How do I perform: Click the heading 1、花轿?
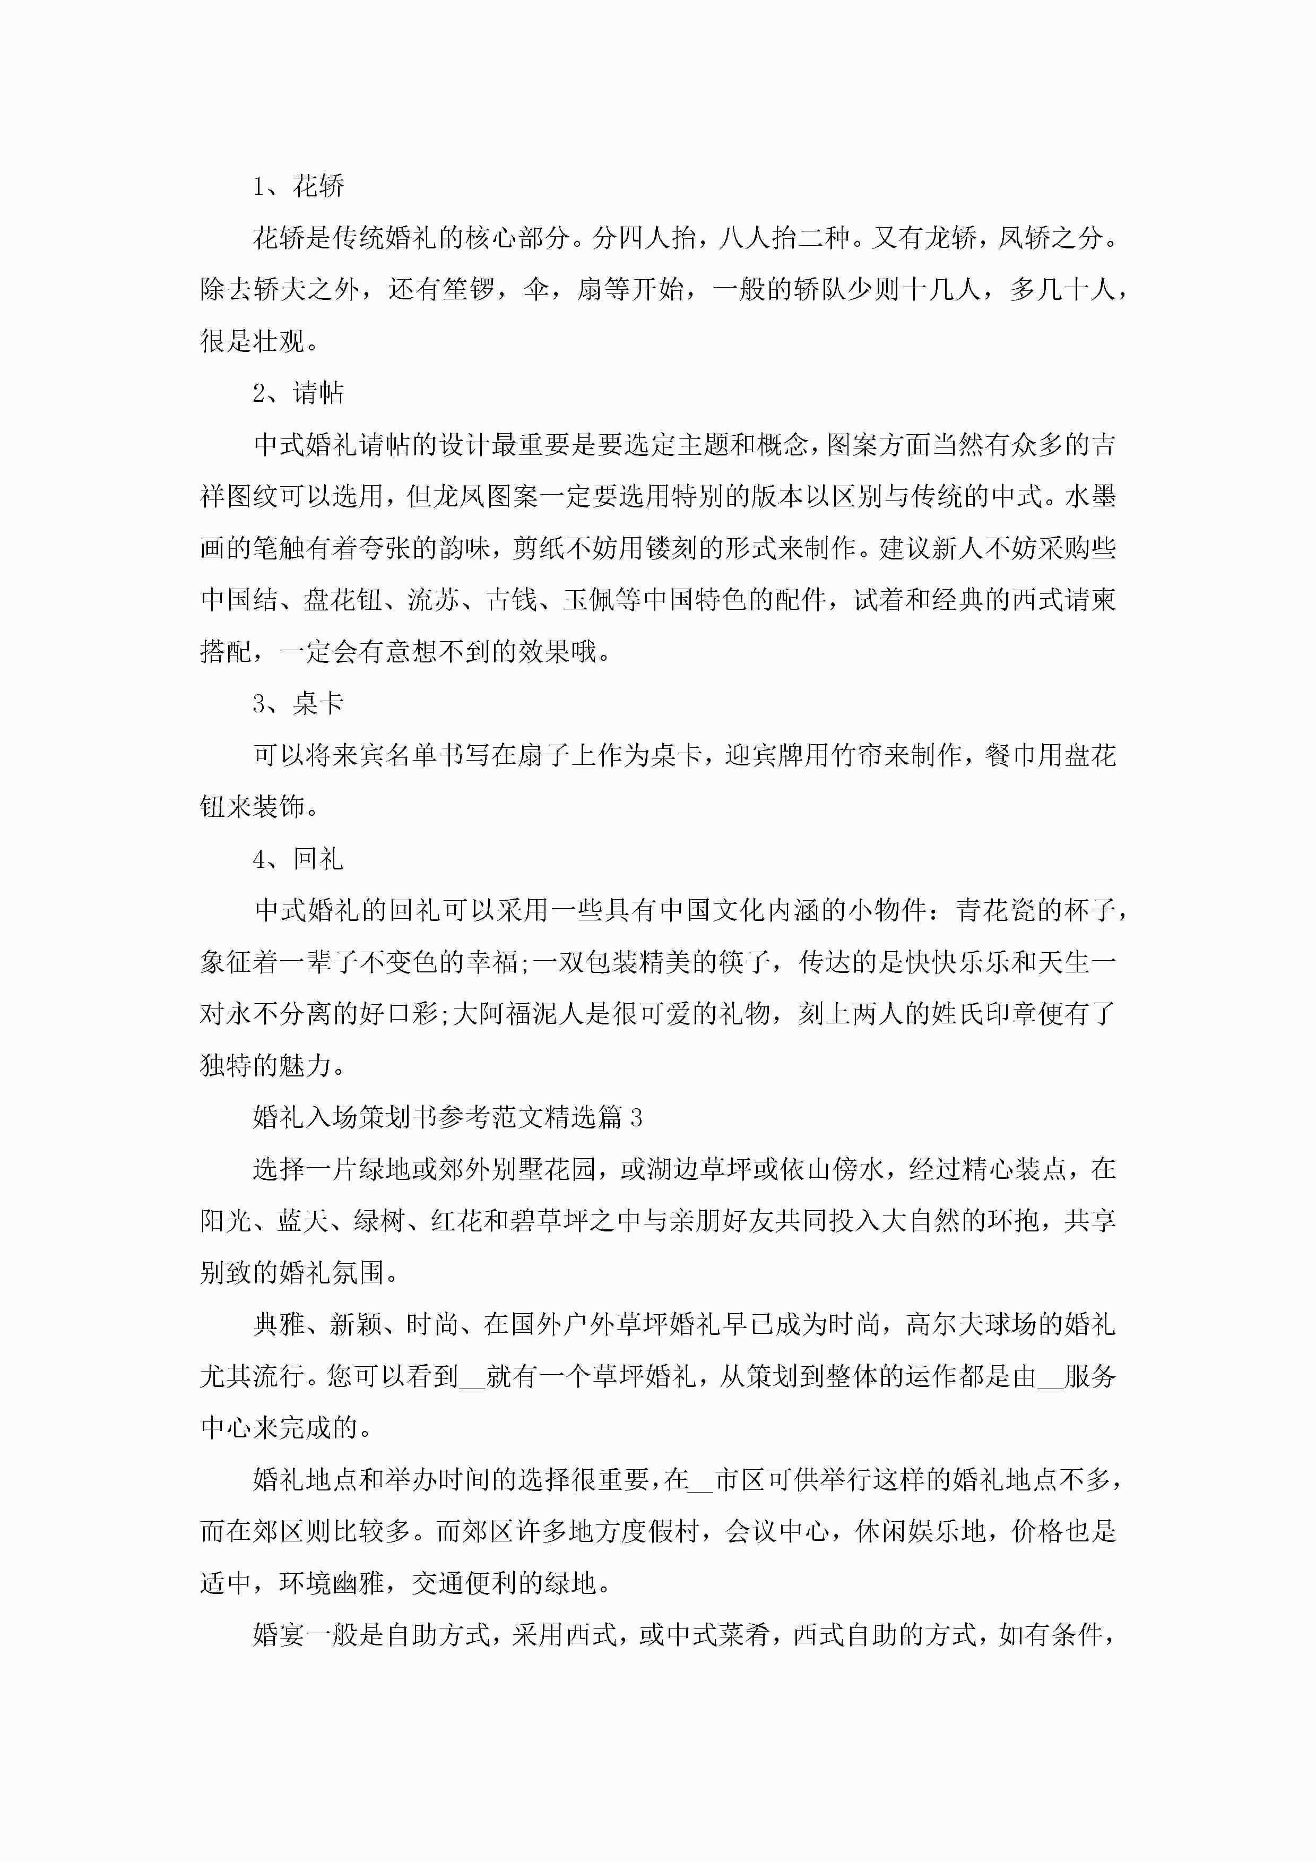click(298, 186)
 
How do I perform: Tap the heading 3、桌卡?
click(298, 703)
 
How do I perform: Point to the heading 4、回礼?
click(298, 859)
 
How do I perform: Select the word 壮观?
click(280, 341)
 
